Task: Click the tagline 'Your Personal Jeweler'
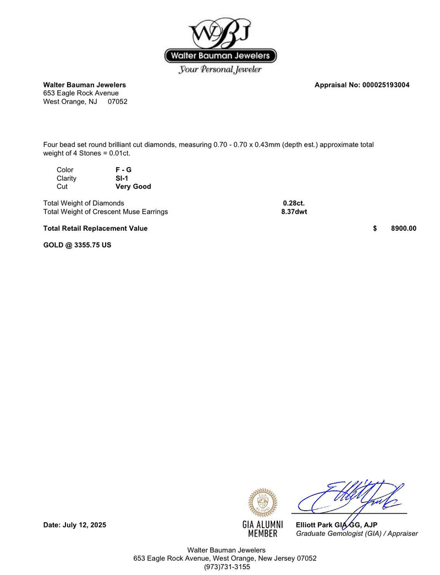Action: point(220,70)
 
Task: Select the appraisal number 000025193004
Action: point(386,85)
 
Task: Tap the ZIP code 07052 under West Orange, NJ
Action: point(118,102)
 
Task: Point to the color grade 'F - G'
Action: point(119,170)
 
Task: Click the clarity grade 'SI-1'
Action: point(115,178)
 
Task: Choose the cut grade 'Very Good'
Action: point(129,186)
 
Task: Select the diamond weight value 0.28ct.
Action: point(294,203)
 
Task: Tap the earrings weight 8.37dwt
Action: point(294,212)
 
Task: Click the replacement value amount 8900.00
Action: point(404,229)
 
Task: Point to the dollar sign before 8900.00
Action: point(375,229)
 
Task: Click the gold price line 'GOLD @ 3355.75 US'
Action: point(77,245)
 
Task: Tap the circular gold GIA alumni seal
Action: point(263,502)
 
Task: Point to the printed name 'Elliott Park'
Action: point(315,525)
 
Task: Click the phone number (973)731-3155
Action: point(227,567)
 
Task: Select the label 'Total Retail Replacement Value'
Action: point(95,229)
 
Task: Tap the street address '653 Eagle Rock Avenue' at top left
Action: point(81,93)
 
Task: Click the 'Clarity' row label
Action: point(67,178)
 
